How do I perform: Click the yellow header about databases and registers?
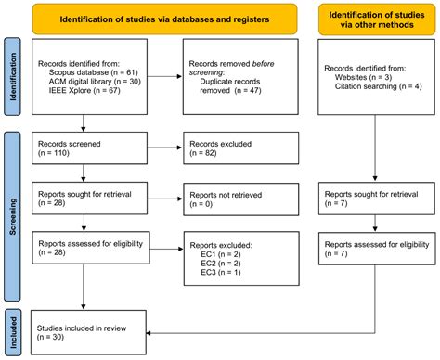tap(159, 19)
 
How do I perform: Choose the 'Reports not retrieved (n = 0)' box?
tap(239, 197)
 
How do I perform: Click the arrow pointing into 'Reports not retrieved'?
tap(162, 197)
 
